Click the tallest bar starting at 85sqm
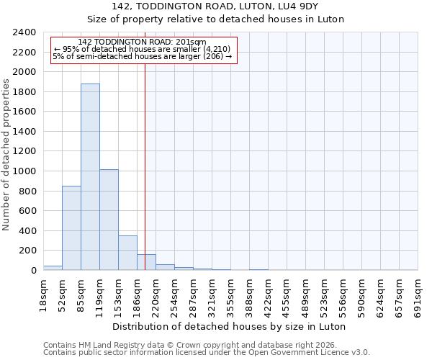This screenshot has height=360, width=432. pos(90,177)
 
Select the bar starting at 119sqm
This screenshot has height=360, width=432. pos(109,220)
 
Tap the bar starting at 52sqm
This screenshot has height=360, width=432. pos(71,228)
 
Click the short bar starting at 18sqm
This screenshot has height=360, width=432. pos(53,268)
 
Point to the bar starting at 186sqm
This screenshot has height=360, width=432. pos(146,262)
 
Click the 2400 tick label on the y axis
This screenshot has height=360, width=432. pos(24,33)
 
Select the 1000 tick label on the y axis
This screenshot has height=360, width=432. pos(24,171)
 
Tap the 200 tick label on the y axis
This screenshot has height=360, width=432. pos(27,251)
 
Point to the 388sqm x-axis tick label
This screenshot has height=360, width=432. pos(250,296)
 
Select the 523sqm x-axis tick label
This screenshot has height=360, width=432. pos(325,296)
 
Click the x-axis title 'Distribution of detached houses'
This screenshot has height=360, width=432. pos(230,326)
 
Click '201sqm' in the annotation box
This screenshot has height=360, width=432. pos(191,42)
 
